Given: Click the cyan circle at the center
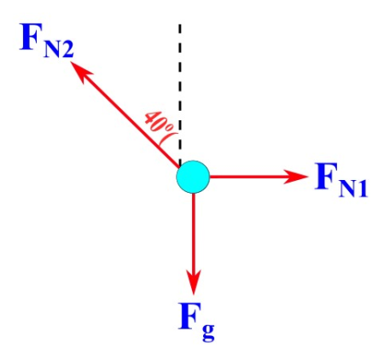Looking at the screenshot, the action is [193, 177].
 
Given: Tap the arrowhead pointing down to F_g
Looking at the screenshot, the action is [194, 279].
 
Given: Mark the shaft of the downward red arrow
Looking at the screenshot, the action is [194, 235].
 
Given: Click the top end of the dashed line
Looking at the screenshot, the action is [179, 26].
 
